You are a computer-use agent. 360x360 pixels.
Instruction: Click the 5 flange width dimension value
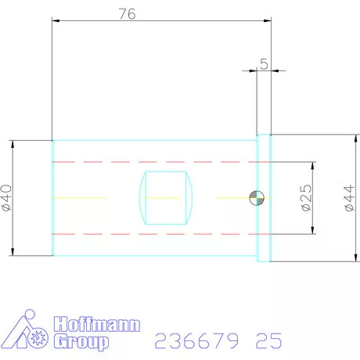[x=264, y=64]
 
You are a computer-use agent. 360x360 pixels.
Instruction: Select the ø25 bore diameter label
[x=305, y=198]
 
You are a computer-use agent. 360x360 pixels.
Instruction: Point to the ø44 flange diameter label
[x=349, y=198]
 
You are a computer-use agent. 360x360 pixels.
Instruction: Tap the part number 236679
[x=198, y=341]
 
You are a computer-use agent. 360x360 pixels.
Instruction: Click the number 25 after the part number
[x=268, y=341]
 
